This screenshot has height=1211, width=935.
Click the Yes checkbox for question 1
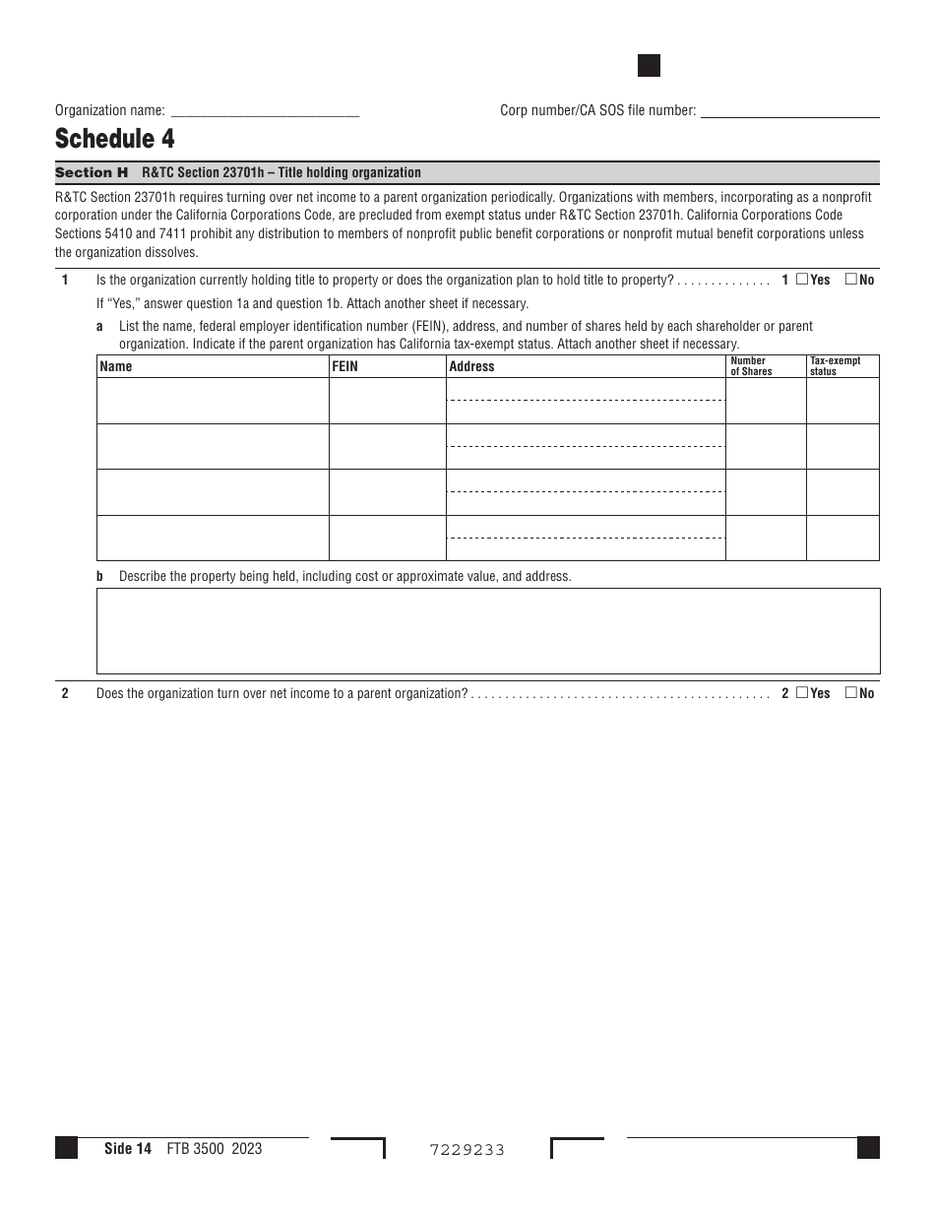(802, 280)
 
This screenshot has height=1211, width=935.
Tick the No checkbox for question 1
(851, 280)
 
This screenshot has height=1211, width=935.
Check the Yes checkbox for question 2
(802, 693)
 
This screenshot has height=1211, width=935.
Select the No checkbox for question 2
(851, 693)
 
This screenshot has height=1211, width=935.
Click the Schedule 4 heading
(115, 139)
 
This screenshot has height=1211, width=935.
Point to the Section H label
(92, 172)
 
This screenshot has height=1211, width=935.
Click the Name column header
(116, 366)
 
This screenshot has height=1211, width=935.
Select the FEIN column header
(345, 366)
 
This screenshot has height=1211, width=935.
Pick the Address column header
(471, 366)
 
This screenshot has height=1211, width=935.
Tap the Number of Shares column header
(752, 366)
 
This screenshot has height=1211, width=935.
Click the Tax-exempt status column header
(836, 366)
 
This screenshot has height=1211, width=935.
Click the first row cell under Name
(213, 401)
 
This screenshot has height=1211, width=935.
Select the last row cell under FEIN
(387, 538)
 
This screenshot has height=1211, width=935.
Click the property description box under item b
(488, 631)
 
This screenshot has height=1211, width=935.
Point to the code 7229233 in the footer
(467, 1149)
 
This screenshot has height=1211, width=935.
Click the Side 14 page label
(128, 1148)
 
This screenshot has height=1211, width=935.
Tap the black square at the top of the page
(649, 66)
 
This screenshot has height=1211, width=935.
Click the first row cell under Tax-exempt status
(842, 401)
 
